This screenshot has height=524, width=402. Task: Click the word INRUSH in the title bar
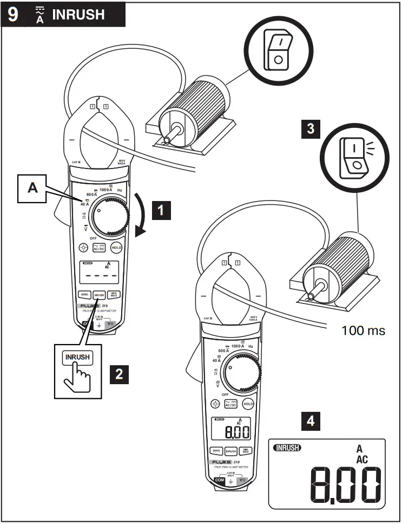point(78,14)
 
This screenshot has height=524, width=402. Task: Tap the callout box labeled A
point(33,187)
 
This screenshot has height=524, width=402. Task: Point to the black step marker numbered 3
point(310,129)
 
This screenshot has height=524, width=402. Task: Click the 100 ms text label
point(364,330)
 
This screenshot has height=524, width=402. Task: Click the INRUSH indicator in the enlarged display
point(289,448)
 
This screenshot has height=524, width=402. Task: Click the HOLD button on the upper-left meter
point(116,248)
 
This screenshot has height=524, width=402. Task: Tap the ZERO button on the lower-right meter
point(216,450)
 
